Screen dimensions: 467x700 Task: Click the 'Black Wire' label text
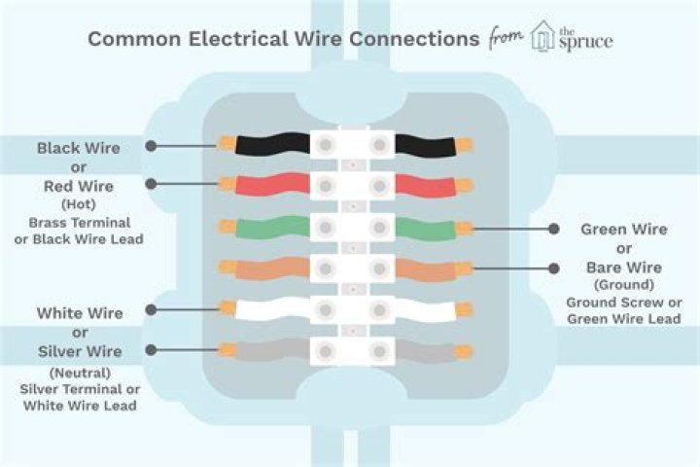pos(79,148)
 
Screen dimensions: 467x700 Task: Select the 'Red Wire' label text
pos(79,185)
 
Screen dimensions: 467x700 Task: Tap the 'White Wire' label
pos(80,313)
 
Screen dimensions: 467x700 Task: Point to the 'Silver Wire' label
pos(80,350)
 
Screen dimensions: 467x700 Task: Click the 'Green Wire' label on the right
pos(623,230)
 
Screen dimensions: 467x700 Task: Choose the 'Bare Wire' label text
pos(623,267)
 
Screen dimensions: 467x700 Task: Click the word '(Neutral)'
pos(80,372)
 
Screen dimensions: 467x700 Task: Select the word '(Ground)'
pos(623,285)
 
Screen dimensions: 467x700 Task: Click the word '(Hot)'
pos(80,204)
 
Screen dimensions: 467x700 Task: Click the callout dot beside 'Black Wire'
pos(152,146)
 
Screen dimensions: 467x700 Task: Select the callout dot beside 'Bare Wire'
pos(552,267)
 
